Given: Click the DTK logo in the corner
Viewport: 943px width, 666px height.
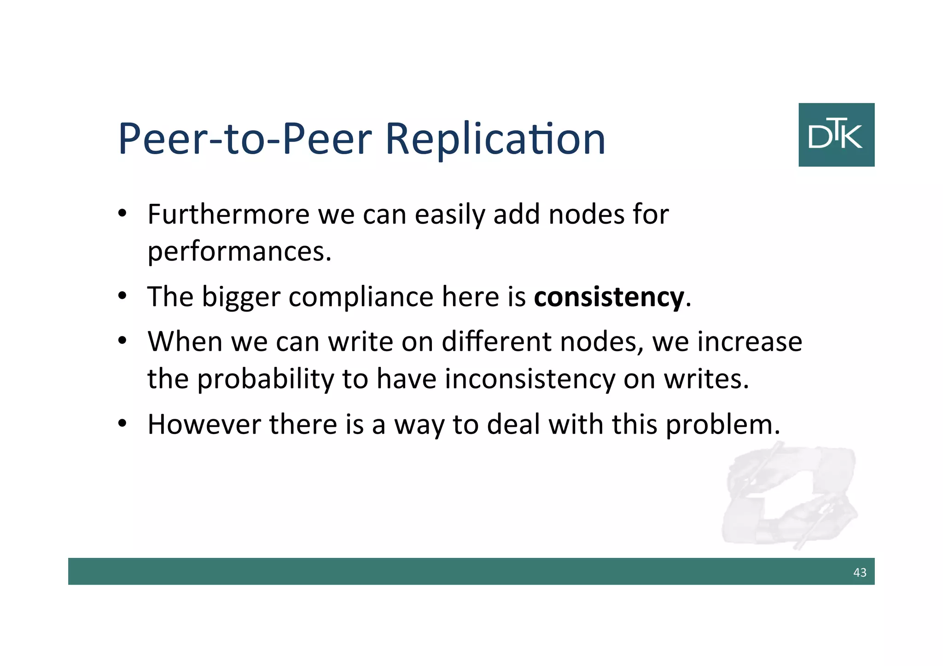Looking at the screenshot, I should click(836, 135).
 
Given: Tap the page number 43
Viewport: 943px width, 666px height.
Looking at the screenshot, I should click(860, 572).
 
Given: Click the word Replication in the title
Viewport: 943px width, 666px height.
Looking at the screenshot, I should click(495, 139).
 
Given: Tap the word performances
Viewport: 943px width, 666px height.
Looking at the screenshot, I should click(239, 252).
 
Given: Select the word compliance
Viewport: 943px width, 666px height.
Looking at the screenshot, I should click(361, 297).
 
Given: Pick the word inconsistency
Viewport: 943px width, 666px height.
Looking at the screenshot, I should click(530, 379).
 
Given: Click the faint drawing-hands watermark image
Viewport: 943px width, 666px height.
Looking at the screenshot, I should click(789, 495).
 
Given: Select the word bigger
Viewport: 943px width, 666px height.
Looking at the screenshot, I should click(241, 297).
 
